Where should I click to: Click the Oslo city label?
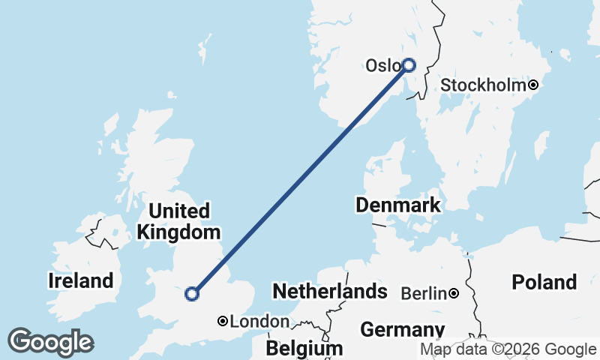point(382,66)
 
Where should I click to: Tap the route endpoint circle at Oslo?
point(409,65)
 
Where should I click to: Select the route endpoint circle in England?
point(192,294)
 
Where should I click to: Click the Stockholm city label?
point(483,85)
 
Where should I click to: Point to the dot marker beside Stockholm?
point(533,85)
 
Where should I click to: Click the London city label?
point(259,322)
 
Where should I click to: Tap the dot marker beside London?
point(223,321)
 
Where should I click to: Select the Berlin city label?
point(424,293)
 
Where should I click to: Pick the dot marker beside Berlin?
point(454,293)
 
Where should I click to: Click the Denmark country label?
point(398,205)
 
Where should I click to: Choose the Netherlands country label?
point(330,291)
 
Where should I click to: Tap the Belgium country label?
point(304,349)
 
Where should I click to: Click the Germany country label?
point(402,330)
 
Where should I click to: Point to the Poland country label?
point(544,283)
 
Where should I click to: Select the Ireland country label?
point(81,281)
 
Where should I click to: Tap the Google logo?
point(50,342)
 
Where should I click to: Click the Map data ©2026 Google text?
point(508,349)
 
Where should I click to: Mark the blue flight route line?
point(300,180)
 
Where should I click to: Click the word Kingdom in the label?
point(179,232)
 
